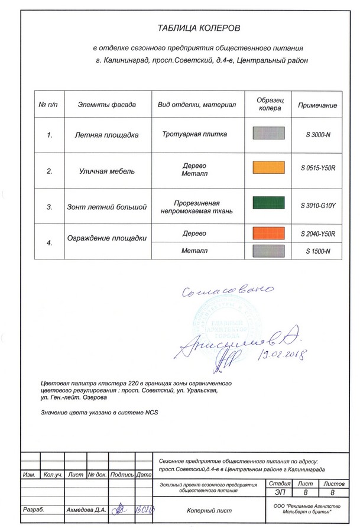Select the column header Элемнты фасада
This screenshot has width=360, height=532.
point(106,105)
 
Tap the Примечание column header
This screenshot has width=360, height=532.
point(317,105)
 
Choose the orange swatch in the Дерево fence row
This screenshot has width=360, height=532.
point(270,233)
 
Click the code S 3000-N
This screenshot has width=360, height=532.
point(318,135)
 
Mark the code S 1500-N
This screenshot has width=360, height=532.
point(318,251)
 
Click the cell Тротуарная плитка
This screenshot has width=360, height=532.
point(194,134)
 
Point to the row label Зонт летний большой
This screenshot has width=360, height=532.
point(106,207)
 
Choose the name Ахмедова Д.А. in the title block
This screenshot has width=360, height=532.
point(86,508)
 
